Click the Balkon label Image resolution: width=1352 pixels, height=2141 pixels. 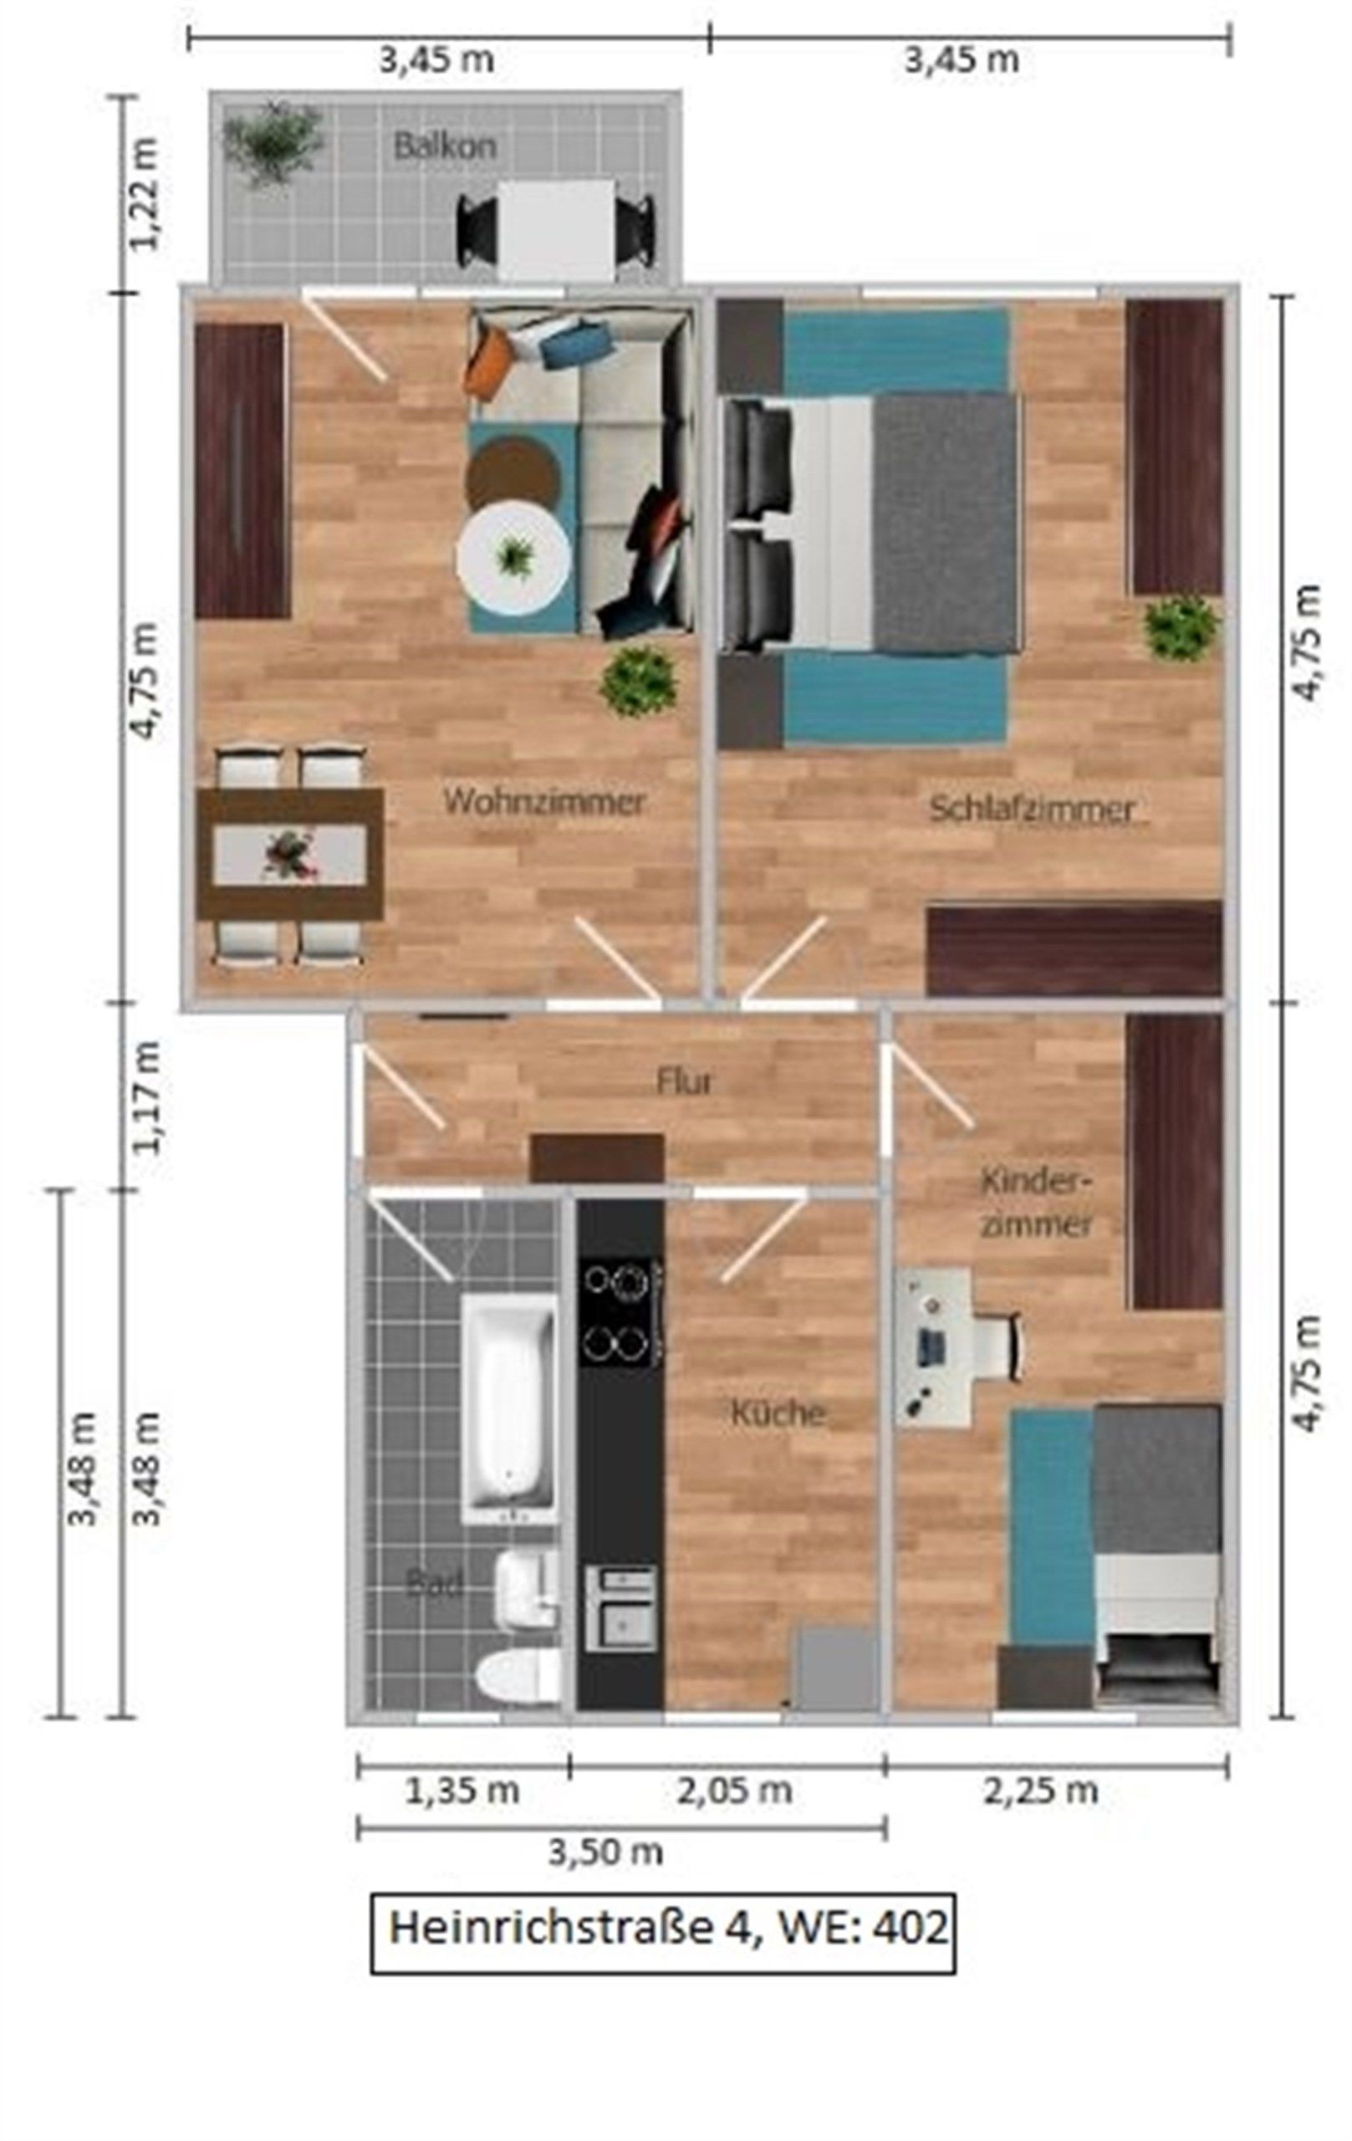445,145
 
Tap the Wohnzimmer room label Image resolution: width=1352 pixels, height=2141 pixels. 544,801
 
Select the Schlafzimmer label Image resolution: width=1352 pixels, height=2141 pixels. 1032,809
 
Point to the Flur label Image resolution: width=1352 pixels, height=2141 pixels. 685,1082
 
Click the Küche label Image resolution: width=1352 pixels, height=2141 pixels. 778,1412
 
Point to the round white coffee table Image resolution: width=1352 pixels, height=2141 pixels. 513,558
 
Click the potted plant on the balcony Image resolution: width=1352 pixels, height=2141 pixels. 273,142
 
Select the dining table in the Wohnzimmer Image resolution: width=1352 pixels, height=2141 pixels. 291,854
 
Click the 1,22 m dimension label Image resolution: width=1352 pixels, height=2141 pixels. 144,194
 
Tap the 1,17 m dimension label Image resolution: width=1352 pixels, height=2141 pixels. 145,1097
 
